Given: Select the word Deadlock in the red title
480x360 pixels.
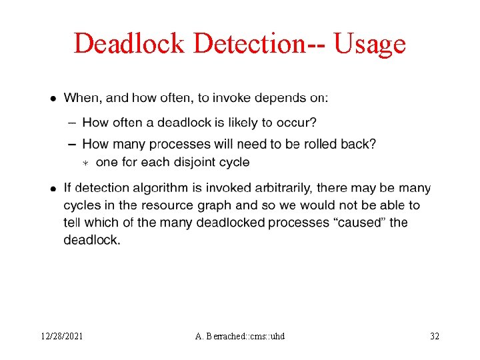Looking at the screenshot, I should point(129,44).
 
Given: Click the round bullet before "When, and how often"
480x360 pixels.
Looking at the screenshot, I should point(53,99).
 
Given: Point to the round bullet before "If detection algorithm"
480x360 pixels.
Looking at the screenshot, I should point(53,189).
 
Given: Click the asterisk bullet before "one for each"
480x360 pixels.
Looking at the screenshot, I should point(85,163).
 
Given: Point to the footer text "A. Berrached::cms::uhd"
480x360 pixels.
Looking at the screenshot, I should point(240,336).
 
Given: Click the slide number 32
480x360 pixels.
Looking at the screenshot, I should point(435,336).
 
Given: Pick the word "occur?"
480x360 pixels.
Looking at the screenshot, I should point(297,123).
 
